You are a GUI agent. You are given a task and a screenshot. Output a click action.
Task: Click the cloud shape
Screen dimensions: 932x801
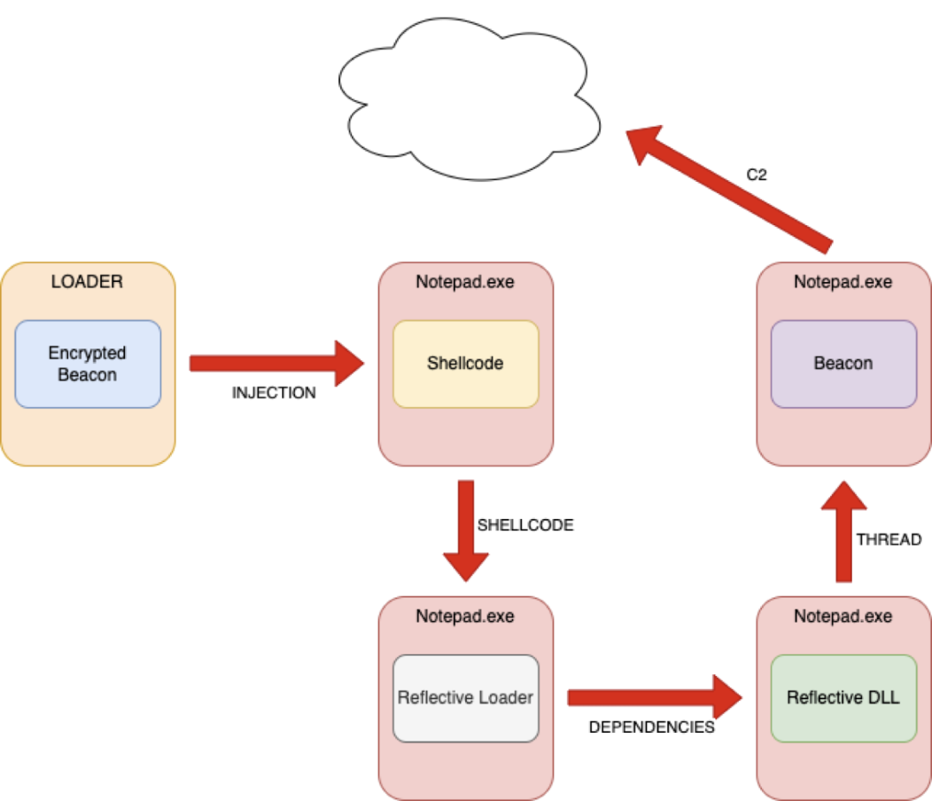[469, 98]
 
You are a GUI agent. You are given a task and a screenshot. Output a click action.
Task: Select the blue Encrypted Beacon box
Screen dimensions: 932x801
[88, 364]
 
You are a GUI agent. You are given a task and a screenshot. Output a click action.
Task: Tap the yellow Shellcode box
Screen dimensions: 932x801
[466, 364]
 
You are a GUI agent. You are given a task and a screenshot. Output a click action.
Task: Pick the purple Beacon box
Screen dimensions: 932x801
[844, 364]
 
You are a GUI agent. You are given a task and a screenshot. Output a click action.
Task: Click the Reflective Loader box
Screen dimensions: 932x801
[466, 698]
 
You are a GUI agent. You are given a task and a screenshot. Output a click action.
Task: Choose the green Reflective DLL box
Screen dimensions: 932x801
[844, 698]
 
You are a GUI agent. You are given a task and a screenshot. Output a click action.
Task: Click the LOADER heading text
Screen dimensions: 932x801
[87, 281]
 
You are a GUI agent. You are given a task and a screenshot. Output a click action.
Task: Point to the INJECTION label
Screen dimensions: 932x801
[274, 393]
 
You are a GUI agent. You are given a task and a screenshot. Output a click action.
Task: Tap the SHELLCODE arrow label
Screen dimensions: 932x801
[526, 525]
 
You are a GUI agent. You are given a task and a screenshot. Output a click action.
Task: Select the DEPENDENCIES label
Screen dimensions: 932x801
[652, 728]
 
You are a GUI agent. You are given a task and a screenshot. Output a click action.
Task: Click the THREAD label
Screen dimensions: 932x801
[889, 540]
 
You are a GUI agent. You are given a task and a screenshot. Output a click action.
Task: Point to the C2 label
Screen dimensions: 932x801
[757, 174]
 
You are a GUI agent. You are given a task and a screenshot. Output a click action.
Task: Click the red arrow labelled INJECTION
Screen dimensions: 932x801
[277, 363]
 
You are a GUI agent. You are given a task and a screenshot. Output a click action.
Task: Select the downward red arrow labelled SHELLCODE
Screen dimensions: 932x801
[466, 531]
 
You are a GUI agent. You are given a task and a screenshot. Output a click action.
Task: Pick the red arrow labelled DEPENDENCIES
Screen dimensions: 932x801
[655, 698]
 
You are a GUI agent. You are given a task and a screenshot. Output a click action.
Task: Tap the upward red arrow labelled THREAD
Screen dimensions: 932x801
[844, 531]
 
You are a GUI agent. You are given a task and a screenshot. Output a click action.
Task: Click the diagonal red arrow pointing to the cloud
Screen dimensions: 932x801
[729, 190]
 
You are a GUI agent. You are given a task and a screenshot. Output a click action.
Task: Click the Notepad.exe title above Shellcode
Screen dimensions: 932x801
[465, 282]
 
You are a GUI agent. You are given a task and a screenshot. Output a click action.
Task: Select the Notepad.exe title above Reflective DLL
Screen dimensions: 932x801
[843, 616]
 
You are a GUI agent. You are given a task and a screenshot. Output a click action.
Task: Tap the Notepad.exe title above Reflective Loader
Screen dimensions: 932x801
[465, 616]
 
